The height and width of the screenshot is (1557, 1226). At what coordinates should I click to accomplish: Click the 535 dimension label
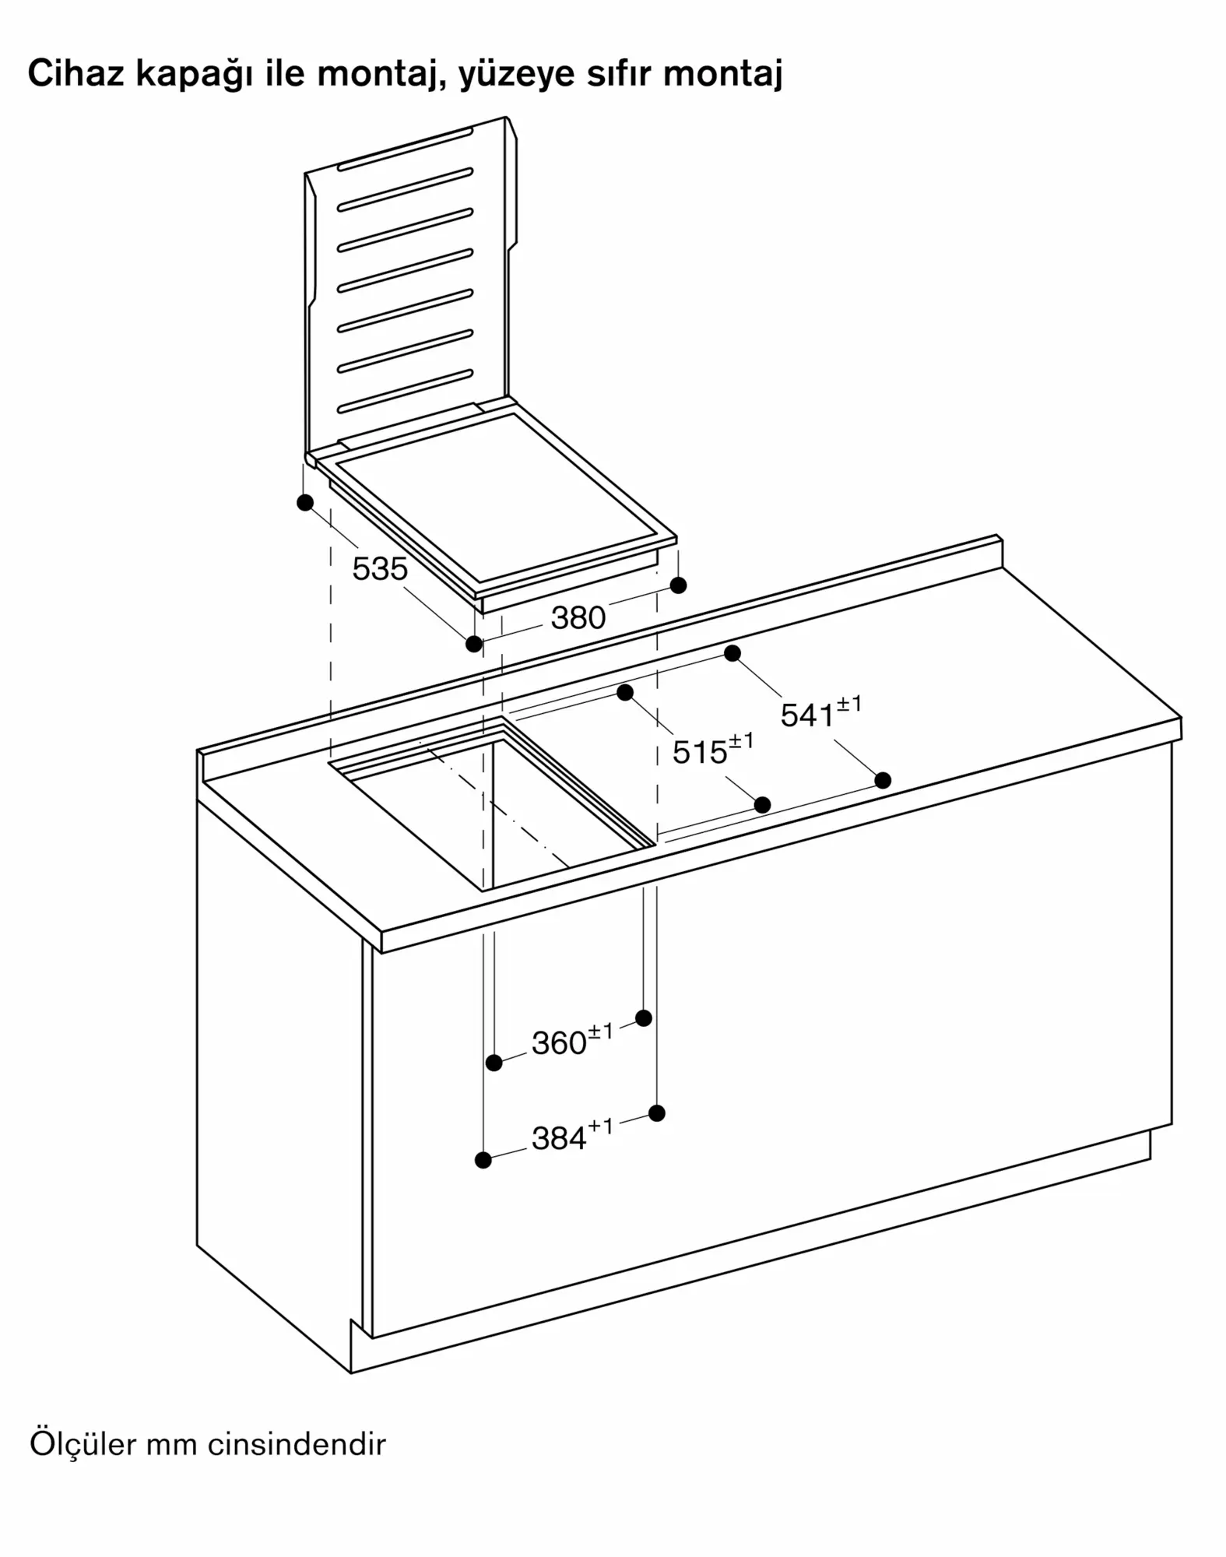(380, 569)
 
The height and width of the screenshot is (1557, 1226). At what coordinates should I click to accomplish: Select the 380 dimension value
(578, 618)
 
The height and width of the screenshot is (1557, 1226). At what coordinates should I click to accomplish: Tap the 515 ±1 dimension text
(713, 750)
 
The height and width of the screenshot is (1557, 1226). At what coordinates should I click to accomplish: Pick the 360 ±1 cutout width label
(572, 1040)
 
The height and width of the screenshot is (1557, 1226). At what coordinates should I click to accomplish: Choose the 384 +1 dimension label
(572, 1136)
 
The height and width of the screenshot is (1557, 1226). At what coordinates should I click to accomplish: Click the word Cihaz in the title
(76, 73)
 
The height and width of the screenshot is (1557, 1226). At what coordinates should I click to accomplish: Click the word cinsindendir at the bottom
(297, 1445)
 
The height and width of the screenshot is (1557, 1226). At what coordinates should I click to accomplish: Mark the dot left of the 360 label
(494, 1063)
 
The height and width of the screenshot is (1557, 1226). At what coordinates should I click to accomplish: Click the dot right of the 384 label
(657, 1113)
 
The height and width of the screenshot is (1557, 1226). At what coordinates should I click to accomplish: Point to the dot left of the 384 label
(483, 1160)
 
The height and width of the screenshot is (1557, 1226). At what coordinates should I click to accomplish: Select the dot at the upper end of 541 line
(732, 653)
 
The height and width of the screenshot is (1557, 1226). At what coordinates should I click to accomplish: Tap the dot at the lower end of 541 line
(883, 780)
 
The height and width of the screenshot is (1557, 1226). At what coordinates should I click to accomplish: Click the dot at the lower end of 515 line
(763, 805)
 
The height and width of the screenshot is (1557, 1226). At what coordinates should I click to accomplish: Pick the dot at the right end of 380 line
(678, 585)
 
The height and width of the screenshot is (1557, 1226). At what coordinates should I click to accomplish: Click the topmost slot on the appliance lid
(405, 149)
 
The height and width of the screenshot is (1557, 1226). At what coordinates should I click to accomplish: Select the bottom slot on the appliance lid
(405, 392)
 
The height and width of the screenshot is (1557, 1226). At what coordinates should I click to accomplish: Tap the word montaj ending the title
(723, 75)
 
